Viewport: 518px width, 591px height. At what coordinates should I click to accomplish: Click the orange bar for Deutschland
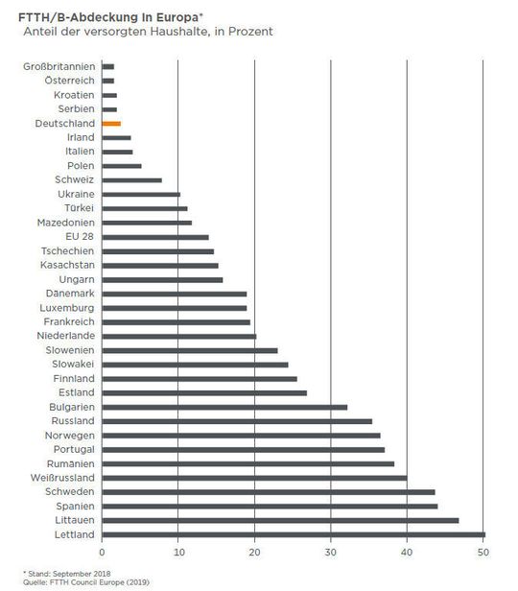(110, 124)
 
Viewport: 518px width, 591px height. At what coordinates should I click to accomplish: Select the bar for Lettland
(293, 534)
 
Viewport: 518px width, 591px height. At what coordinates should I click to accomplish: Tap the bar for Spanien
(269, 506)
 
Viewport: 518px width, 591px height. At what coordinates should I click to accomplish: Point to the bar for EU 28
(154, 237)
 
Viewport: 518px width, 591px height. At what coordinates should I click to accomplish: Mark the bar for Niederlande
(178, 336)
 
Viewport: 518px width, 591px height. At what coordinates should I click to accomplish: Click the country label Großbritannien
(59, 67)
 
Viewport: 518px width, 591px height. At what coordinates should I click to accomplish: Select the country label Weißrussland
(59, 478)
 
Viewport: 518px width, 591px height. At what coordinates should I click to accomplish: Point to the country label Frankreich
(68, 322)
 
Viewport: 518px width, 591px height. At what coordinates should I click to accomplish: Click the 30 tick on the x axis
(330, 553)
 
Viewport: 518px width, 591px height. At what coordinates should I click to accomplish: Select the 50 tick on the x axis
(483, 553)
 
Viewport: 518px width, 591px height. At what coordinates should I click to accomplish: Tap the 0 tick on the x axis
(102, 553)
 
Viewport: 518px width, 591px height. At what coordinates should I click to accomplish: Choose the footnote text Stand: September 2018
(59, 572)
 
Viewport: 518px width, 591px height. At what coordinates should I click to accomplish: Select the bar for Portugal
(243, 449)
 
